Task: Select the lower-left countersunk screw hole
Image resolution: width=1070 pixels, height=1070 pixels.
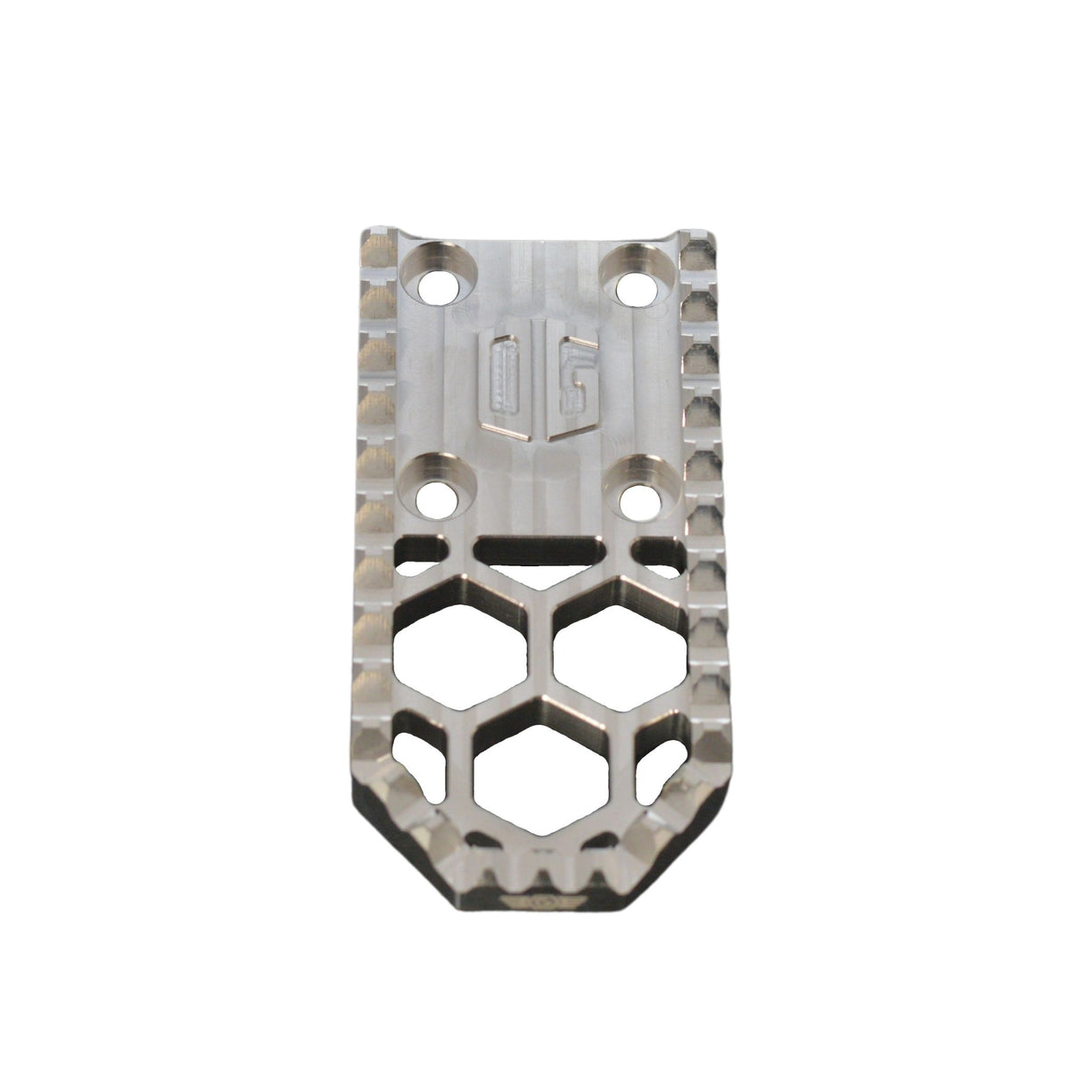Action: [439, 490]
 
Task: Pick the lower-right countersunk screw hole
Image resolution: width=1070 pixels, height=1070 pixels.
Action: [635, 491]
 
